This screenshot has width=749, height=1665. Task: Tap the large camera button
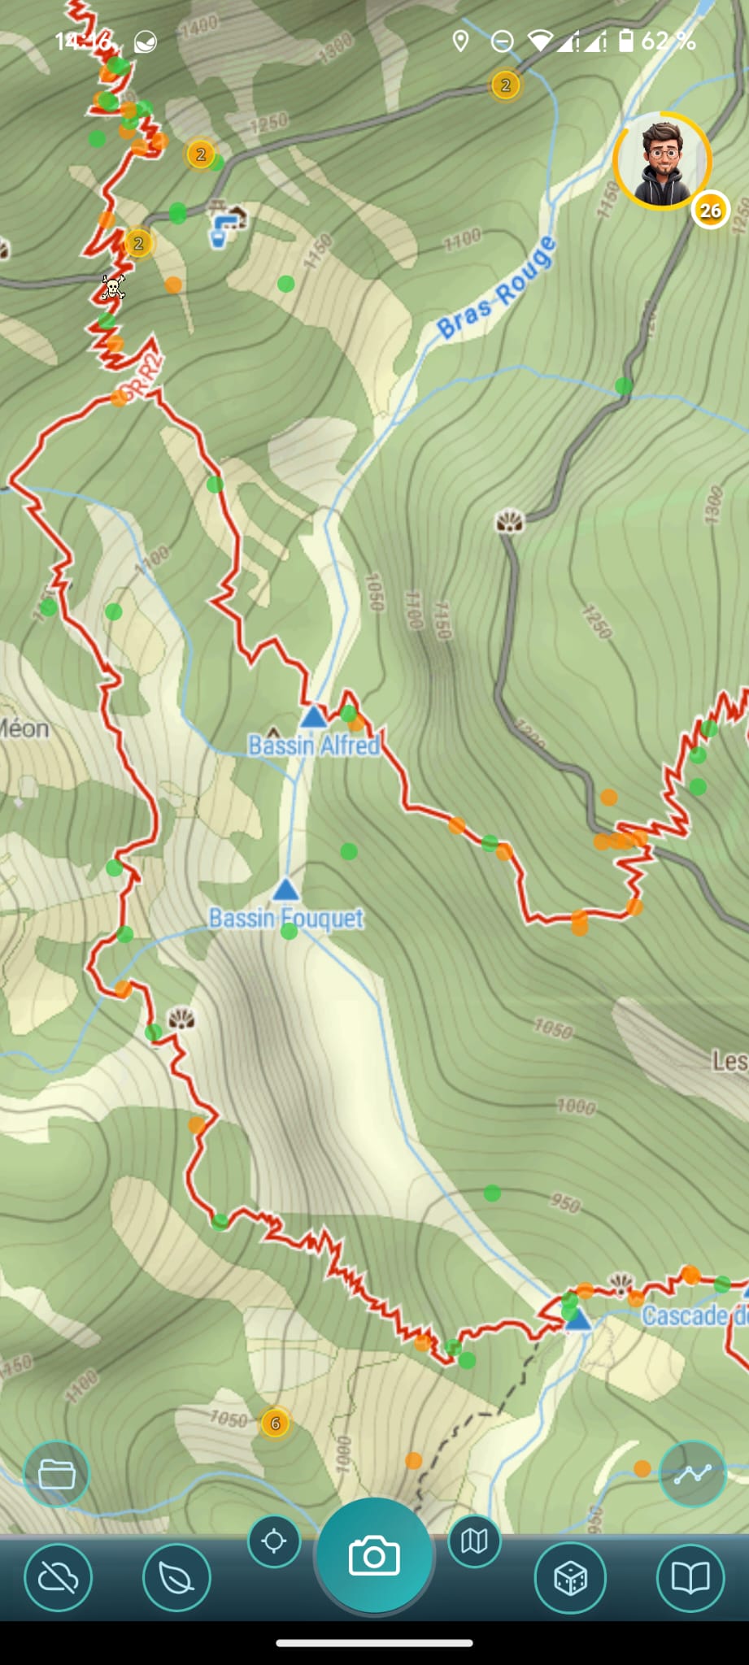coord(374,1556)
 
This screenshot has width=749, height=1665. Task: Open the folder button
coord(56,1473)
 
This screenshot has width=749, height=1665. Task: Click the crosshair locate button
coord(274,1541)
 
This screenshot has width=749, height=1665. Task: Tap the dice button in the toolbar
coord(570,1578)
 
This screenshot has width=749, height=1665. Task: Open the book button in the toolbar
coord(690,1578)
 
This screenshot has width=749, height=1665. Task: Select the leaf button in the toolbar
coord(176,1578)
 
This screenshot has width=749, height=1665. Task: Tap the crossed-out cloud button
coord(58,1578)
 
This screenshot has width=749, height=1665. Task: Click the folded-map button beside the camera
coord(474,1541)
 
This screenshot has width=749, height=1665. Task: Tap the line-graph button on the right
coord(692,1473)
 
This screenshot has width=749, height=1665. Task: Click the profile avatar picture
coord(662,161)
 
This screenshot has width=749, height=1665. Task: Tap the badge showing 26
coord(710,211)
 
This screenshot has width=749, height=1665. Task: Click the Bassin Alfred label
coord(314,745)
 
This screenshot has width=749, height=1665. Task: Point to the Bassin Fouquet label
coord(285,918)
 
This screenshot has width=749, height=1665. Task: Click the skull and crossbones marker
coord(113,287)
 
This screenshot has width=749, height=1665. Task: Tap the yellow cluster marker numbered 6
coord(275,1423)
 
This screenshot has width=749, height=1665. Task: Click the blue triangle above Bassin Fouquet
coord(285,889)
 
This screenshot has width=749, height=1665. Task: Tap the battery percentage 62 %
coord(668,41)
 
